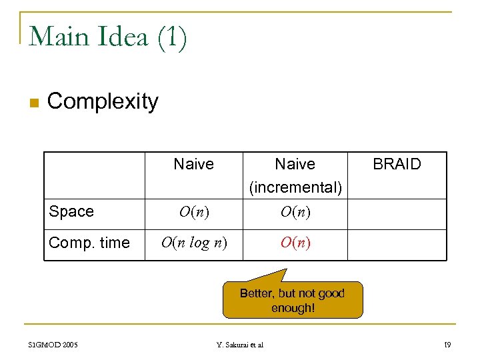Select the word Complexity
103,101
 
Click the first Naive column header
193,164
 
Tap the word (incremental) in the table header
295,188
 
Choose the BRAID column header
397,164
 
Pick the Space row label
71,212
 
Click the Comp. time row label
89,243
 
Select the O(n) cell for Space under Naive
193,213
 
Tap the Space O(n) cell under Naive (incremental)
295,213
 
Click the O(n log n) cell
193,243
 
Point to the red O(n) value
295,243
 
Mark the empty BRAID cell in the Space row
397,213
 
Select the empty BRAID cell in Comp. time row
397,244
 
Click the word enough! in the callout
293,308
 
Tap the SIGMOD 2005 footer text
53,345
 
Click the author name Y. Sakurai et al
240,345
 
